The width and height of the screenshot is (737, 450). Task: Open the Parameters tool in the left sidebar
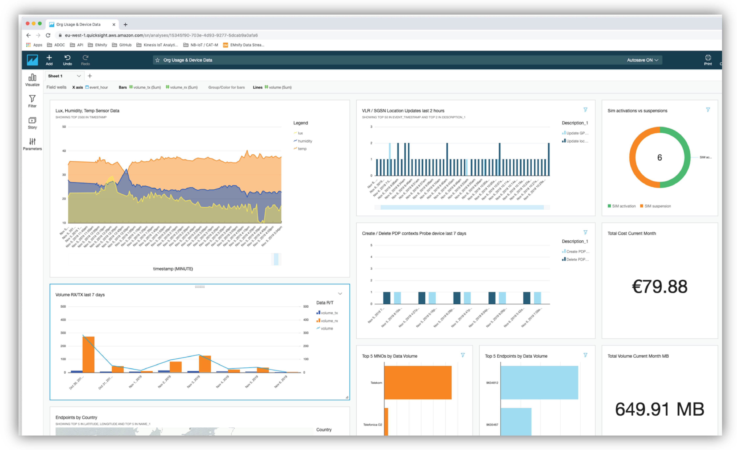[x=32, y=144]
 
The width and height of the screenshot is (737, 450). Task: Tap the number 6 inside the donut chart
[x=660, y=158]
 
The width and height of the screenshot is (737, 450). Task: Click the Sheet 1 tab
[x=56, y=76]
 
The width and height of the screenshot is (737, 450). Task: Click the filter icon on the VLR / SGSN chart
[x=585, y=110]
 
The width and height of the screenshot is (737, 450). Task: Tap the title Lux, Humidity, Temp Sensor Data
[x=87, y=111]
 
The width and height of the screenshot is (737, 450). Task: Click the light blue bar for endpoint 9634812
[x=539, y=382]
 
